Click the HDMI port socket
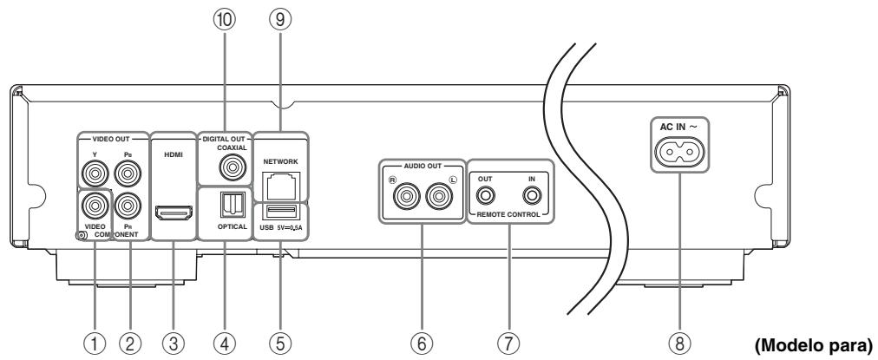point(174,213)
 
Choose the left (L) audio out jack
point(438,197)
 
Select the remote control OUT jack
point(486,196)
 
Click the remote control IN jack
point(532,196)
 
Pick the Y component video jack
point(94,173)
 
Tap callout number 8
point(680,342)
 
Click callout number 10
point(226,20)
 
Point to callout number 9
point(280,20)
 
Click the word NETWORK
point(280,162)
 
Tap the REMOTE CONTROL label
point(509,214)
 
